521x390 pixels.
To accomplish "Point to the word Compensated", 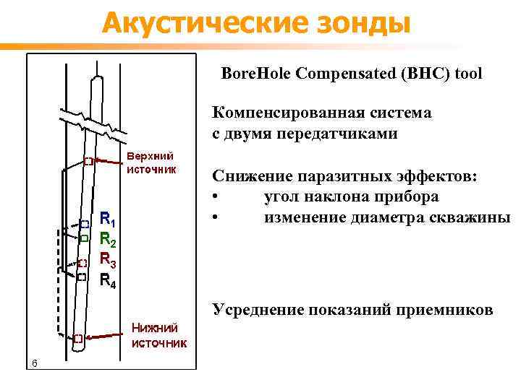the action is point(337,74).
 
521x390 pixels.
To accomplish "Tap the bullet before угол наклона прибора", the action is point(216,197).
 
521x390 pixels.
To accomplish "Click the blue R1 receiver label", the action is point(106,218).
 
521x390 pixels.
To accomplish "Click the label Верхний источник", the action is point(151,162).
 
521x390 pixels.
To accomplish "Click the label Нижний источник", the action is point(158,336).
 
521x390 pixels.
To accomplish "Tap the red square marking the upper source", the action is point(88,161).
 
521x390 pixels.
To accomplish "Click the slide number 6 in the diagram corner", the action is point(34,362).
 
